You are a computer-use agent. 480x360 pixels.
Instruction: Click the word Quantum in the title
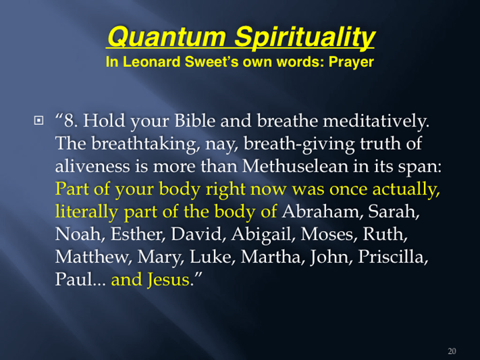pos(167,36)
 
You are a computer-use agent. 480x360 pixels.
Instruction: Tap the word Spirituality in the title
pos(304,37)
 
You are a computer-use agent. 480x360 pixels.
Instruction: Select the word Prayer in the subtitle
pos(351,63)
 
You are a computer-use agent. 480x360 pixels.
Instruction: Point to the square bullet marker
pos(38,120)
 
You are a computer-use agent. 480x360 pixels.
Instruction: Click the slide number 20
pos(452,351)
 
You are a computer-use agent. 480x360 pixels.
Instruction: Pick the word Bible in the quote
pos(194,120)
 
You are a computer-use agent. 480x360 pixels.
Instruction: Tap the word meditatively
pos(376,121)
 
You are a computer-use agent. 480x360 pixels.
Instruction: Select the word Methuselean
pos(295,166)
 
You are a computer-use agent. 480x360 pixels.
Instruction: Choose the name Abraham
pos(322,211)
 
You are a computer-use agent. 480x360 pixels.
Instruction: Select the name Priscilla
pos(393,257)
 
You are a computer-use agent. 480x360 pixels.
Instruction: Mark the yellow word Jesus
pos(168,280)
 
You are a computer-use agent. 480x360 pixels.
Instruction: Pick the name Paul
pos(74,280)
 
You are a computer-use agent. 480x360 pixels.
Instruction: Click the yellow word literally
pos(86,212)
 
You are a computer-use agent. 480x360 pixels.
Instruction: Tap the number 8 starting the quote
pos(70,121)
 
